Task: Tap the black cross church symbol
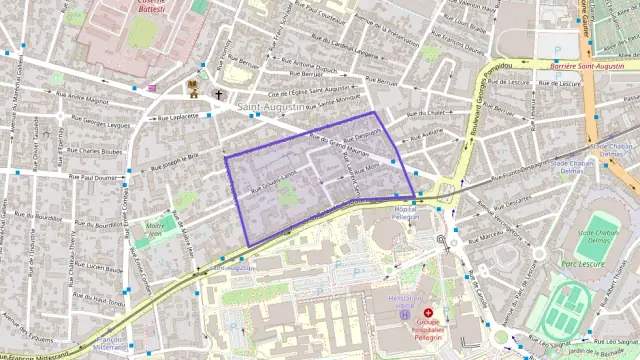coord(219,94)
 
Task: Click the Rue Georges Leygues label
coord(106,124)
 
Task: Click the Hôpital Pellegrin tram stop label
coord(405,211)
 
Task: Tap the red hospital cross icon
coord(428,313)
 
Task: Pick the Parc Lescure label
coord(584,264)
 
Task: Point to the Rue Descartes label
coord(513,201)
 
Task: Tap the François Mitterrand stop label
coord(110,345)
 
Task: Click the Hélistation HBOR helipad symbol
coord(404,314)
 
